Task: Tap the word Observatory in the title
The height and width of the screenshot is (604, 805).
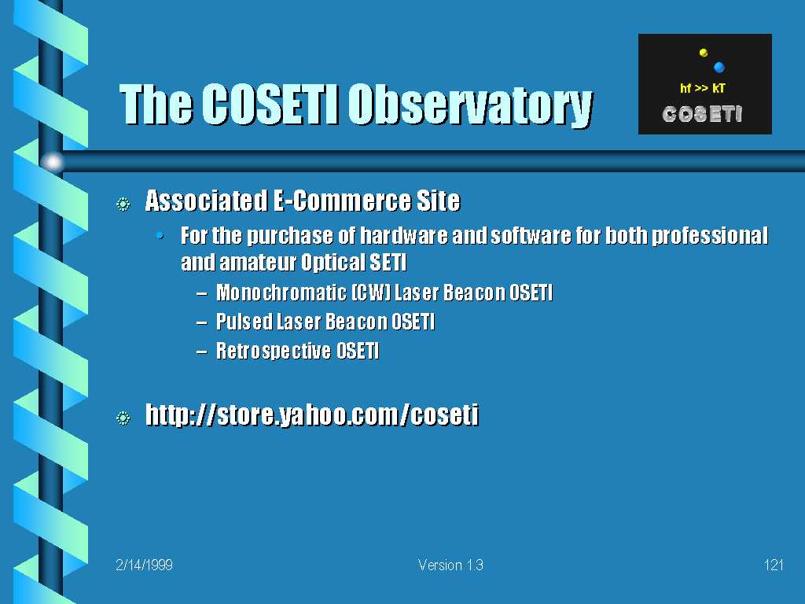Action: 471,106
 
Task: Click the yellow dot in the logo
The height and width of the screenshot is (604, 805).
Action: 704,53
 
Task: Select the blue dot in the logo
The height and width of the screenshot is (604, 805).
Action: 719,68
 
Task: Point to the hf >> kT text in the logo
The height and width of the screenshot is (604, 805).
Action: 702,88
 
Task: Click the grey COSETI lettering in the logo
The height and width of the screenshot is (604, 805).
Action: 702,114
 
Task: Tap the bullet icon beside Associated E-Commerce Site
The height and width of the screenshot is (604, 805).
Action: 123,204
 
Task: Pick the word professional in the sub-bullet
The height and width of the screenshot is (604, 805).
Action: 710,236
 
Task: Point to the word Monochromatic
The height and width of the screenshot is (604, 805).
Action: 281,293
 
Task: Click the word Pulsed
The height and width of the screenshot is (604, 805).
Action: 244,322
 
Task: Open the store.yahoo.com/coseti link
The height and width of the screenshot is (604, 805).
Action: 312,415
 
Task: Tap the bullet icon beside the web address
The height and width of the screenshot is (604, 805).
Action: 123,418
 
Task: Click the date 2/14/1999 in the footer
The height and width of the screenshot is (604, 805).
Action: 145,565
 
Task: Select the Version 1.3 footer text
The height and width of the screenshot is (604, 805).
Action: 450,565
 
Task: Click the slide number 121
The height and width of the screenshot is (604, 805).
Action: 774,565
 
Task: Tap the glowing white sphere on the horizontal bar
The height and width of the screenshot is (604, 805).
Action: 53,162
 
